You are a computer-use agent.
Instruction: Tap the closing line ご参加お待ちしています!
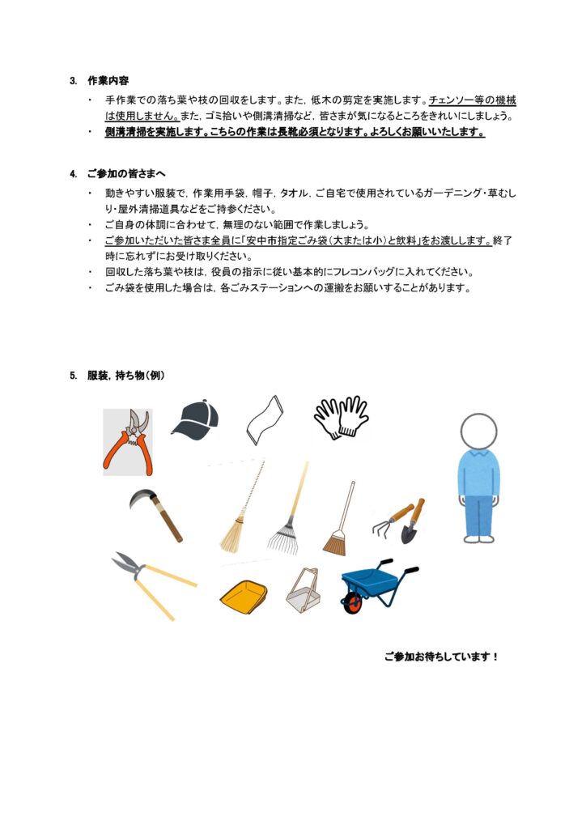click(441, 657)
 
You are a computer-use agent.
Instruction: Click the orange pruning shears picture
click(127, 441)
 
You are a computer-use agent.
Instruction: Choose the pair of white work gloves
click(341, 418)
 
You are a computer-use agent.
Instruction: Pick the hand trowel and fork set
click(399, 521)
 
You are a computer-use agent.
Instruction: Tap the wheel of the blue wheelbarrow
click(352, 603)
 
